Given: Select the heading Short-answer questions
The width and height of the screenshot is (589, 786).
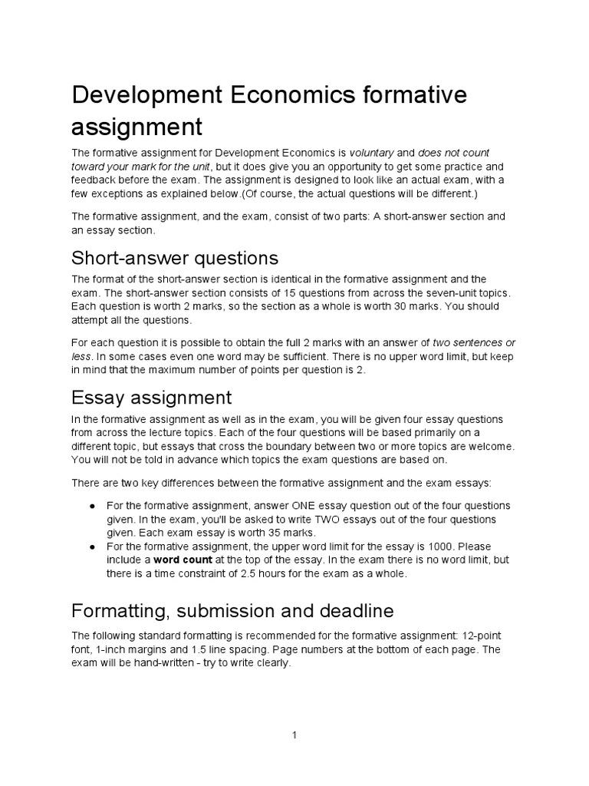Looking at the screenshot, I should click(175, 256).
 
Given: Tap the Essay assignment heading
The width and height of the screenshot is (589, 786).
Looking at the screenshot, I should click(151, 398).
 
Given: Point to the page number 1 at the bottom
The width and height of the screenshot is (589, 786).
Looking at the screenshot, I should click(294, 735).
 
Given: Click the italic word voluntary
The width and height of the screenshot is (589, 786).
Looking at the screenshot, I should click(372, 153).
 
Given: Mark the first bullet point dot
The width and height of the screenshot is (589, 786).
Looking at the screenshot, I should click(92, 507).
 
